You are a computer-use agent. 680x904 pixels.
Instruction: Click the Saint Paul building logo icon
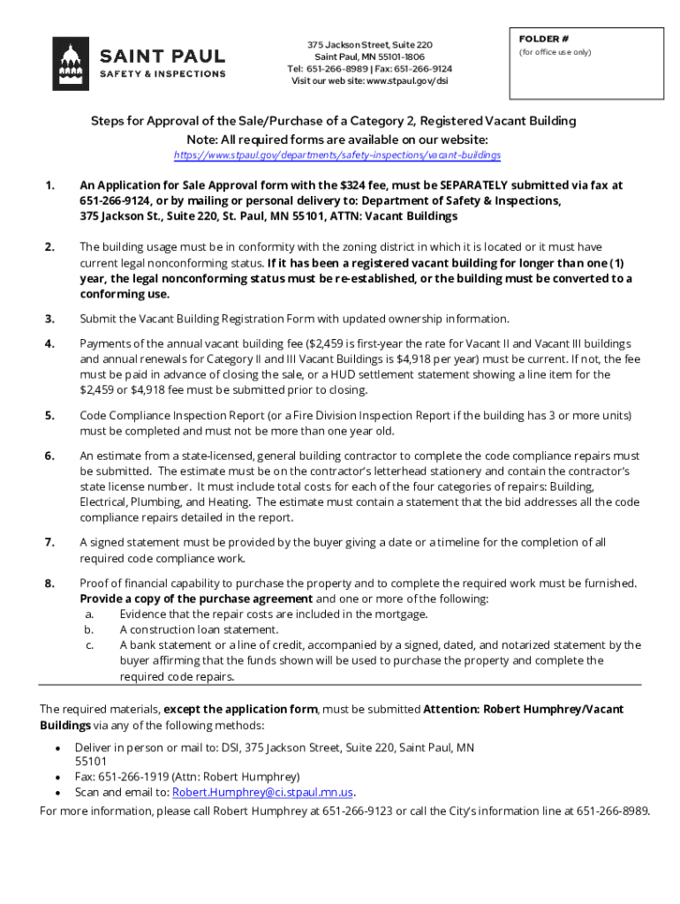point(71,64)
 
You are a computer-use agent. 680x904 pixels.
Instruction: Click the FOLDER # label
point(543,40)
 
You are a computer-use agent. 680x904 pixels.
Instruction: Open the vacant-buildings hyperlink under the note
point(337,155)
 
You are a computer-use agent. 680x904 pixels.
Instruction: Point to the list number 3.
point(49,319)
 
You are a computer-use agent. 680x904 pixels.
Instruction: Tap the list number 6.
point(49,456)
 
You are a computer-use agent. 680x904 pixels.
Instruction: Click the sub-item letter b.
point(89,629)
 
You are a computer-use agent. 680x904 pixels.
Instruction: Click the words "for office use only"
point(555,52)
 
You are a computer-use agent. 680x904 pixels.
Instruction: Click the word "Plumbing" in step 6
point(164,502)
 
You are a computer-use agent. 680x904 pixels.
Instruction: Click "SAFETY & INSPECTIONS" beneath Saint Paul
point(162,74)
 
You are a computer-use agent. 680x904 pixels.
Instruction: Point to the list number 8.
point(49,584)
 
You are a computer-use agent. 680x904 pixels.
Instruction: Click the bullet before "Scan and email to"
point(57,793)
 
